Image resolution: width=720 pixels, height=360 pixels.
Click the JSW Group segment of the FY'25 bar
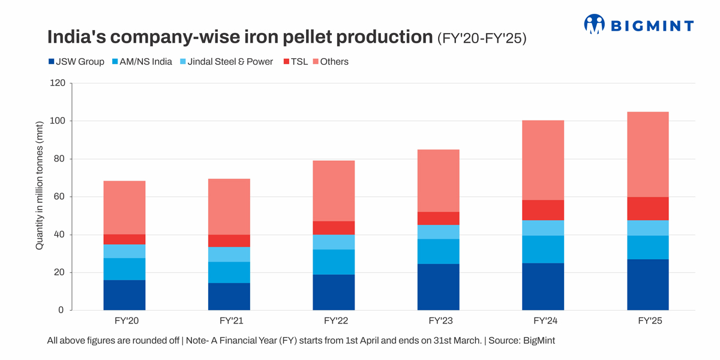point(648,284)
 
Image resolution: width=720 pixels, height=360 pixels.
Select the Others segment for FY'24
point(543,160)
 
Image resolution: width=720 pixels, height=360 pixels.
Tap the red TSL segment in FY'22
point(334,227)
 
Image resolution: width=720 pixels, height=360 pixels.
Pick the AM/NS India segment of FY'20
point(124,269)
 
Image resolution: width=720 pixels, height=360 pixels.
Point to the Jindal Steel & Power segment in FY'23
point(439,232)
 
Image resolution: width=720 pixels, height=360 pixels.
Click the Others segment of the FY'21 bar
point(229,206)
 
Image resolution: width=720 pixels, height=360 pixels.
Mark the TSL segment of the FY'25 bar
point(648,208)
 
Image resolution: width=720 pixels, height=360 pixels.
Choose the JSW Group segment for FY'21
point(229,296)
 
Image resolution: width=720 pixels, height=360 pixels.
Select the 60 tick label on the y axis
point(59,197)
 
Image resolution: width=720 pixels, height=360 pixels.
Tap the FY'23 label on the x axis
point(439,321)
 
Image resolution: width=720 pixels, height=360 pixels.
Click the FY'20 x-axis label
point(124,321)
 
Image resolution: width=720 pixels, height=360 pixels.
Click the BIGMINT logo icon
point(595,24)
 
